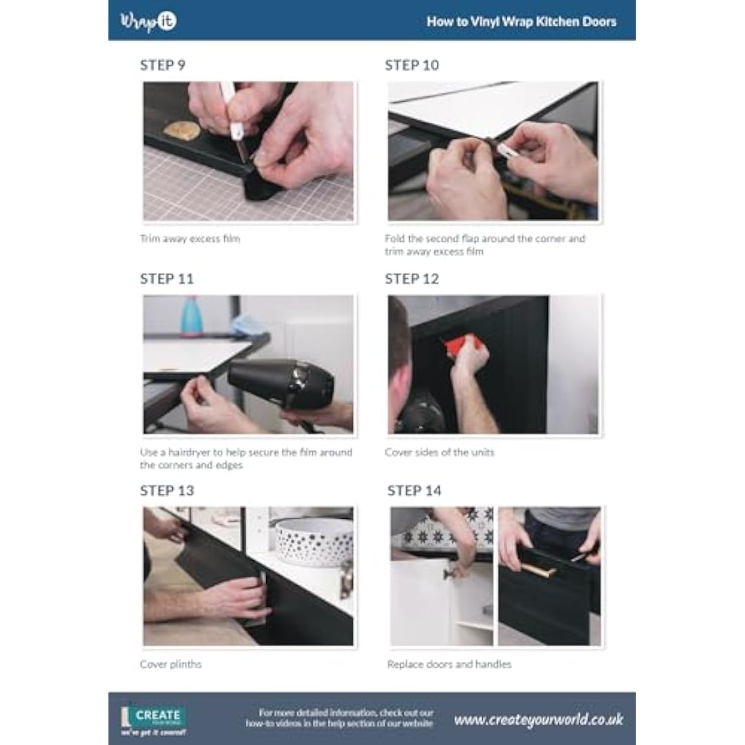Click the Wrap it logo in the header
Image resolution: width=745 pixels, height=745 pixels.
(x=148, y=21)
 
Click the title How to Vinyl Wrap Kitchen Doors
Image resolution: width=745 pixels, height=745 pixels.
(x=521, y=22)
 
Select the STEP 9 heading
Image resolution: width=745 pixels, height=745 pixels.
(x=163, y=65)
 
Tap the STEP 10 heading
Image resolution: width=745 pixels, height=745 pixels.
(x=412, y=65)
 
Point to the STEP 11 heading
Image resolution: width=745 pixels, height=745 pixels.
(x=167, y=278)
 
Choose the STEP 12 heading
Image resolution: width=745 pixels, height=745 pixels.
(x=412, y=278)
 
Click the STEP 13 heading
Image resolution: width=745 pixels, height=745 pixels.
(x=167, y=490)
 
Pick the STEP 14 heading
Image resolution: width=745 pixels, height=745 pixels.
(x=414, y=490)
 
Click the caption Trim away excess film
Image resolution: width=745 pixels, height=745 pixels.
(x=190, y=238)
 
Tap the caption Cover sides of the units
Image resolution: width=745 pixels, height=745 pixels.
(x=440, y=452)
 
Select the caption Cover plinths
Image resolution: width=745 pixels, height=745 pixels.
(x=171, y=664)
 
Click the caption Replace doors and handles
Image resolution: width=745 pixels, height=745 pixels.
(x=449, y=664)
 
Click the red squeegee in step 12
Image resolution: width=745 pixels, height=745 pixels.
(x=456, y=350)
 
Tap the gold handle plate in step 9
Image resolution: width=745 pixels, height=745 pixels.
(x=182, y=130)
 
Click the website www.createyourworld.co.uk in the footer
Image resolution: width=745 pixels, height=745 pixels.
(x=538, y=719)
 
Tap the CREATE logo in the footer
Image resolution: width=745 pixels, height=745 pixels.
(x=154, y=721)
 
